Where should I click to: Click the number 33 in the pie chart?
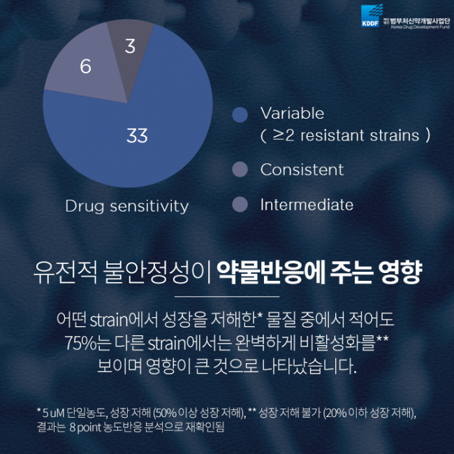(x=137, y=136)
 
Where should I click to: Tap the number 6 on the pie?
(x=85, y=67)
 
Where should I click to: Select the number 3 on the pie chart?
(x=130, y=47)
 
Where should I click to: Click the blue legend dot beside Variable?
(x=240, y=114)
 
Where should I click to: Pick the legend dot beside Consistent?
(x=240, y=170)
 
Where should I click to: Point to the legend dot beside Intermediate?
(x=240, y=205)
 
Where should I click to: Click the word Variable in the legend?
(x=292, y=113)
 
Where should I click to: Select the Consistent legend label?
(x=302, y=170)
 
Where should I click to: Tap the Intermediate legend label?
(x=307, y=205)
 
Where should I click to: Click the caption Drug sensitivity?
(x=126, y=206)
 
